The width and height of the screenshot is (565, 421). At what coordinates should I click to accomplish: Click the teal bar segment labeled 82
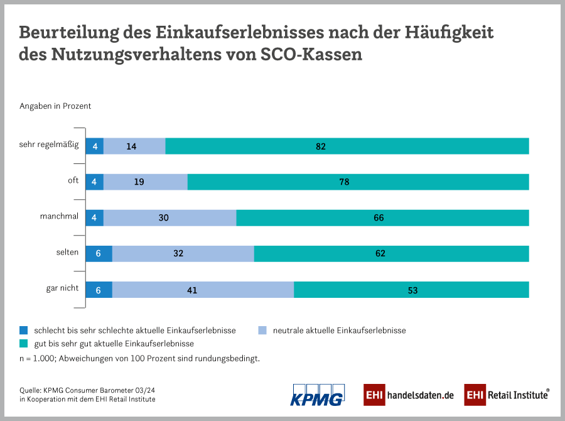[347, 146]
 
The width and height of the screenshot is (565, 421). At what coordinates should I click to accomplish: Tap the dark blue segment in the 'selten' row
[99, 254]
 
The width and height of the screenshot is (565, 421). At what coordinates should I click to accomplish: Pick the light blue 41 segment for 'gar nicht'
[203, 290]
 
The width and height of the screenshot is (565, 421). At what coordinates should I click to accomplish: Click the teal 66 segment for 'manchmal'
[382, 218]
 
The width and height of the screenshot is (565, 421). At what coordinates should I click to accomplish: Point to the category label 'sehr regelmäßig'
[49, 145]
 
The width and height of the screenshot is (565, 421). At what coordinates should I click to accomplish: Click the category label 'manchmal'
[59, 217]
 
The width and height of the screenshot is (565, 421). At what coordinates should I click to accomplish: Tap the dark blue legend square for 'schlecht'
[24, 330]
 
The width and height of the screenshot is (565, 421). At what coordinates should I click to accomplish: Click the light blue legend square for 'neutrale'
[263, 330]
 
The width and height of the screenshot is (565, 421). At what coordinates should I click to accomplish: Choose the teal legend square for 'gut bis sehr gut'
[24, 344]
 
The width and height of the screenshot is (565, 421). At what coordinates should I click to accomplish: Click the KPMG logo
[317, 395]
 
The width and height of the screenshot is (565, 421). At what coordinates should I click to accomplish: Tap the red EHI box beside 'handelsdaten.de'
[374, 395]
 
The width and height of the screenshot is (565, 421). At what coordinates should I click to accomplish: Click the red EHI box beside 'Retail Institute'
[475, 395]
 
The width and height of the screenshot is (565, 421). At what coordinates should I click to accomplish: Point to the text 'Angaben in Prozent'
[55, 106]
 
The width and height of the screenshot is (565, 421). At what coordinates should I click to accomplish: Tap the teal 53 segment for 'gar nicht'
[411, 290]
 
